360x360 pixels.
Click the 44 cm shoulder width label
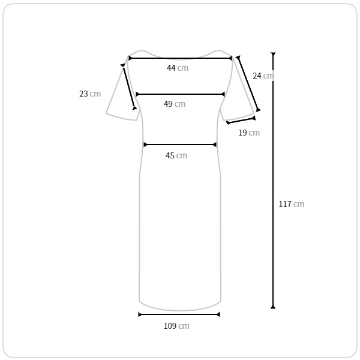[178, 68]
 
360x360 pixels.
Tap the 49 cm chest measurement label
[175, 104]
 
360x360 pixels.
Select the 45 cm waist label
[176, 155]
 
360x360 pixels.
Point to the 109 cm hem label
[176, 326]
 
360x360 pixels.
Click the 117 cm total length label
[292, 204]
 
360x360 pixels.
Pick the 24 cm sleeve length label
[263, 76]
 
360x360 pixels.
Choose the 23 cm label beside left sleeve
[90, 94]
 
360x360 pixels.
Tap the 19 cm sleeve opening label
[249, 133]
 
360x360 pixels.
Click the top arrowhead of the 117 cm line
[273, 54]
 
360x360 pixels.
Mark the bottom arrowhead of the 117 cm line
[273, 307]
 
